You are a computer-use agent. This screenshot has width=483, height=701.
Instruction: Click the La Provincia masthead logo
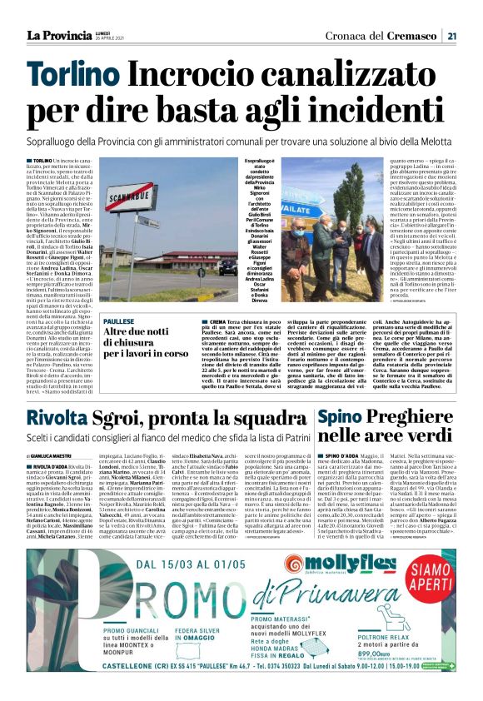tap(59, 34)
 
